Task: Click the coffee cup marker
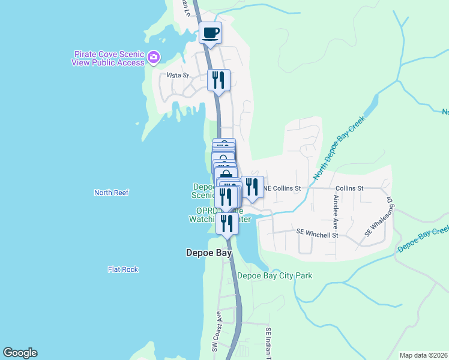211,33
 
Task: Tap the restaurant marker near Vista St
218,80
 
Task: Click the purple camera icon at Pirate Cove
154,57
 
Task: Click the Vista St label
178,76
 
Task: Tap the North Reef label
112,193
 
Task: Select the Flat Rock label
123,269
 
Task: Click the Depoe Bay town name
208,253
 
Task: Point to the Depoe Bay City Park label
275,276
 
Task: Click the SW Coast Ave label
213,332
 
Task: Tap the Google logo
20,353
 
